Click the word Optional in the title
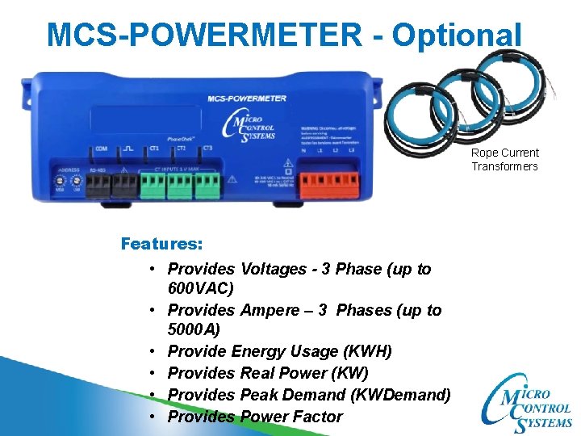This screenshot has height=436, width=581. coord(457,35)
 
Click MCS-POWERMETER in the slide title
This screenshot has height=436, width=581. coord(205,35)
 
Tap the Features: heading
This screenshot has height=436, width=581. coord(161,243)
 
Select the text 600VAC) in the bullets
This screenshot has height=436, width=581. coord(201,288)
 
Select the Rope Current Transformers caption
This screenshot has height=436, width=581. coord(505,159)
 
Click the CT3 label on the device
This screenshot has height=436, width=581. coord(207,149)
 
